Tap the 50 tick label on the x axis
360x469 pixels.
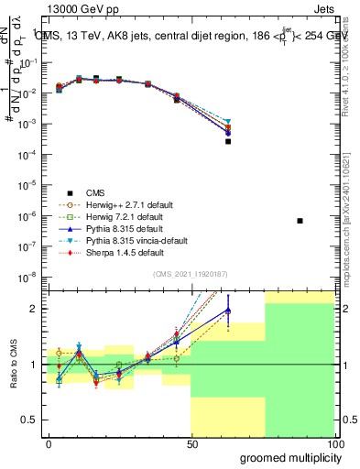coord(191,442)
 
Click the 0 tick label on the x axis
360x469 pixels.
coord(49,442)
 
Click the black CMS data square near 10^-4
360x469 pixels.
coord(228,141)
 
